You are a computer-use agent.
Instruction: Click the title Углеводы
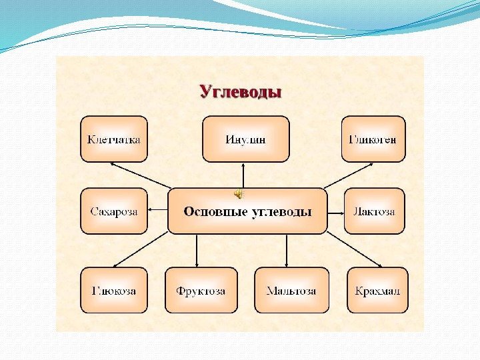tap(241, 91)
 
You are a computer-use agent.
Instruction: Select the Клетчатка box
tap(114, 139)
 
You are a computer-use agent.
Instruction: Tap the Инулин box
tap(245, 139)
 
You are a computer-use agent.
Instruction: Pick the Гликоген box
tap(373, 139)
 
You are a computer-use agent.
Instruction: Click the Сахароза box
tap(114, 211)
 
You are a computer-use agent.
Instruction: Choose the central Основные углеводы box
tap(247, 211)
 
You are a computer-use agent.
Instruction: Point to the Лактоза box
tap(374, 211)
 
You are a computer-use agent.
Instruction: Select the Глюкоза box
tap(114, 291)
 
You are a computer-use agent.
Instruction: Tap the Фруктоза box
tap(201, 291)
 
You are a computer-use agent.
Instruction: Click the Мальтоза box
tap(291, 291)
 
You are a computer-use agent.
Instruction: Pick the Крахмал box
tap(378, 291)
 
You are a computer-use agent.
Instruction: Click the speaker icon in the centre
tap(238, 193)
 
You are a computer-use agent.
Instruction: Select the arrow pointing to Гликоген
tap(343, 177)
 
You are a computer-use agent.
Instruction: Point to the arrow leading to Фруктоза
tap(197, 251)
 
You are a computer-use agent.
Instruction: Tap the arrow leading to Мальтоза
tap(287, 251)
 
